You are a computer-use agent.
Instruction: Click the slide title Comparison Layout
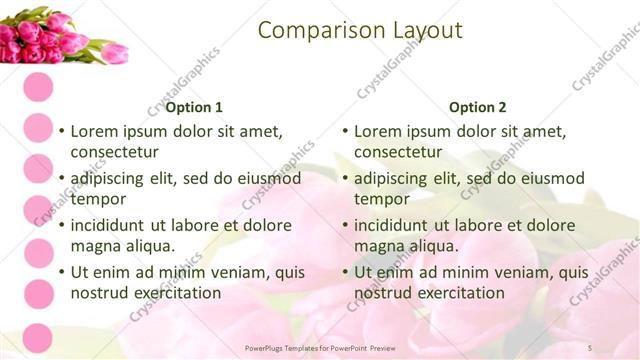[360, 31]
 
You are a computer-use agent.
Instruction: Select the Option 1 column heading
[194, 107]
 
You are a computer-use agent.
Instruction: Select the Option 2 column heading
[478, 107]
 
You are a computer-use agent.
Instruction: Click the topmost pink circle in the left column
[38, 85]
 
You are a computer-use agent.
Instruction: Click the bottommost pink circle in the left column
[38, 338]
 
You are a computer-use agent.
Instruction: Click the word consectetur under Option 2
[398, 152]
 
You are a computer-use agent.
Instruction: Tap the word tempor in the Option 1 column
[96, 199]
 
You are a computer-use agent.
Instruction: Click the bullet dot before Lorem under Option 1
[61, 131]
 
